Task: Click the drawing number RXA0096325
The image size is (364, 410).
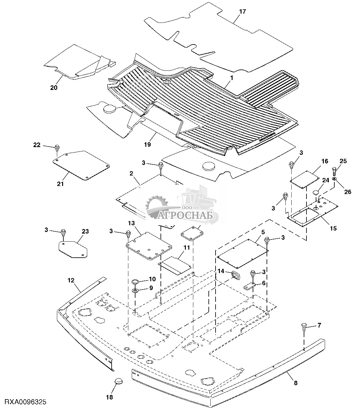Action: [24, 402]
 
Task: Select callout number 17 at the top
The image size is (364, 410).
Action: [242, 12]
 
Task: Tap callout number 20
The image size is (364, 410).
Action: [54, 87]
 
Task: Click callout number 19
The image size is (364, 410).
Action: [147, 144]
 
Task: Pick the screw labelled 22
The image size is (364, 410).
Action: [57, 147]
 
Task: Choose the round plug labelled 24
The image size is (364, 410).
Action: [315, 192]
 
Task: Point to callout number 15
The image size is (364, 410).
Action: [333, 228]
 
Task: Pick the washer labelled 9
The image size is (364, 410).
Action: [135, 291]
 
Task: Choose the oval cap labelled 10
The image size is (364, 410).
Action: [135, 281]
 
